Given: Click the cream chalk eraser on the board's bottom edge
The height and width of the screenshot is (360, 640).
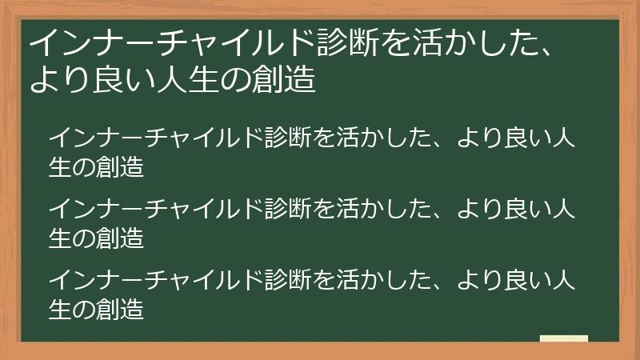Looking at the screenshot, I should (x=563, y=338).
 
